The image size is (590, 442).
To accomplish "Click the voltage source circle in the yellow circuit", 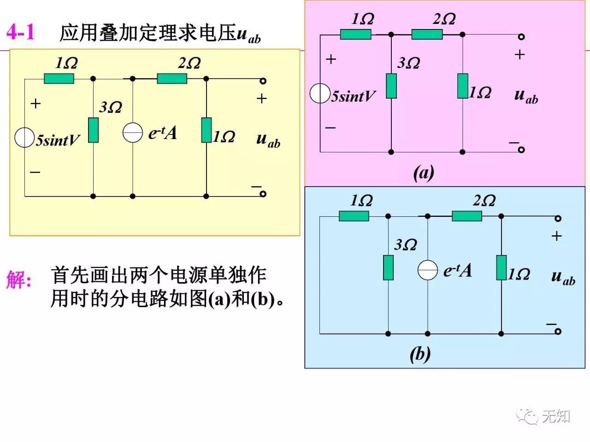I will click(x=24, y=138).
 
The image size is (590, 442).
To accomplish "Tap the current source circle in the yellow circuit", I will click(x=133, y=133).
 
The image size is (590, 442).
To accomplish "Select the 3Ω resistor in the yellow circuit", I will click(x=93, y=130).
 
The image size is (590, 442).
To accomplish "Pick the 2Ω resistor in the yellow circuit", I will click(x=172, y=79).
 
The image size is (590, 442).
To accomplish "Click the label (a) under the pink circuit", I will click(x=423, y=173).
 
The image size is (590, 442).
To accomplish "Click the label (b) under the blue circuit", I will click(x=420, y=354).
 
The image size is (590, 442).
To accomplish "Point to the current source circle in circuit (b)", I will click(x=428, y=270).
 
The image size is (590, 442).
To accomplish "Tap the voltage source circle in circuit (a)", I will click(x=320, y=93).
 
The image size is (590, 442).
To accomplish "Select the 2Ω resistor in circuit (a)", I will click(x=427, y=35).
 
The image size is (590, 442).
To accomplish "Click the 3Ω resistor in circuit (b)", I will click(x=389, y=268).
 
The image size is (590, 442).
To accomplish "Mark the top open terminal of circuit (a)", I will click(x=521, y=37).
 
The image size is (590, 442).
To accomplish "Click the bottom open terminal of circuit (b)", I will click(x=558, y=331).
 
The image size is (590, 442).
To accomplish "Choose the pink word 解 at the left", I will click(x=18, y=279).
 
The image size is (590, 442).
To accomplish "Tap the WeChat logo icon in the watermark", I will click(x=527, y=416).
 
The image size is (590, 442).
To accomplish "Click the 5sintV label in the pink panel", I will click(x=354, y=97).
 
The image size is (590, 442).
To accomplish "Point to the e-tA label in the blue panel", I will click(x=457, y=271).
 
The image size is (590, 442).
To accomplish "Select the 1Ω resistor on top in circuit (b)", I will click(x=354, y=216).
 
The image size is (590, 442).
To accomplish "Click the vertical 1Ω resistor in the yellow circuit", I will click(x=206, y=130).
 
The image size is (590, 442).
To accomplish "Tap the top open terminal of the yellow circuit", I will click(x=263, y=81).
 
